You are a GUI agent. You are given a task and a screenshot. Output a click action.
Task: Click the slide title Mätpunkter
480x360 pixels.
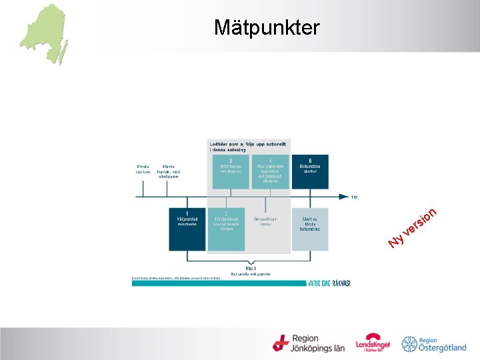[267, 27]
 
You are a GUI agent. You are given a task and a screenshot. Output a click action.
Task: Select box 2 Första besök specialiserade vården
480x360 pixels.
[226, 229]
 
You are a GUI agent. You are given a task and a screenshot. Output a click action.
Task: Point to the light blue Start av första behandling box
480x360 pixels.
[310, 229]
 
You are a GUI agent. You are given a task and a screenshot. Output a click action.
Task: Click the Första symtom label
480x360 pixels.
[143, 169]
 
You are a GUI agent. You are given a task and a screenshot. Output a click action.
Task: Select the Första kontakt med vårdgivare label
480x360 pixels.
[168, 171]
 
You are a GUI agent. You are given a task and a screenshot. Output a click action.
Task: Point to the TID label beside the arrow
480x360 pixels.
[355, 197]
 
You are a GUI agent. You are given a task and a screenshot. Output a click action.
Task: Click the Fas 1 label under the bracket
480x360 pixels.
[251, 267]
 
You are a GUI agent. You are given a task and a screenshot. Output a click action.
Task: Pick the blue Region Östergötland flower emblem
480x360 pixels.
[409, 344]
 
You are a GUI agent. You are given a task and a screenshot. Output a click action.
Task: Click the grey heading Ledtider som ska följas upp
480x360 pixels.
[249, 147]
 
